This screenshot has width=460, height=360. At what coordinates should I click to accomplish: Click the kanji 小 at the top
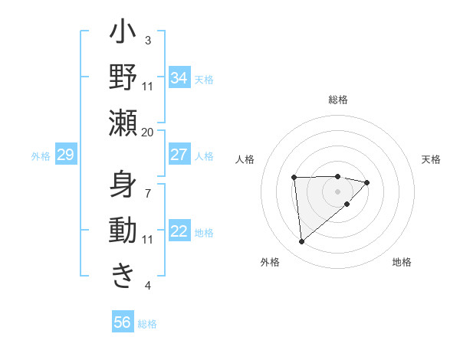pos(123,34)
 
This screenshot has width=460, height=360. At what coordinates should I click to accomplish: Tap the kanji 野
pos(123,78)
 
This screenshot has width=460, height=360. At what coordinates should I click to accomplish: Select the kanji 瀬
pos(123,123)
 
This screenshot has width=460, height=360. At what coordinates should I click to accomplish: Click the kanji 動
pos(123,231)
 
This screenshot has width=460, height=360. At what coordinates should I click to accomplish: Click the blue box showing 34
pos(179,78)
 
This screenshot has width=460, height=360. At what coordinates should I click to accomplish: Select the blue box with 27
pos(179,155)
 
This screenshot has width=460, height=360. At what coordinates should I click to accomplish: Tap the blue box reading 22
pos(179,231)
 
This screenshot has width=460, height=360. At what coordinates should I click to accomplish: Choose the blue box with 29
pos(65,155)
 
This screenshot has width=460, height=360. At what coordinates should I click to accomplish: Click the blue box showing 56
pos(123,322)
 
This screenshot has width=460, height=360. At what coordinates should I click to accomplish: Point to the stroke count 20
pos(147,132)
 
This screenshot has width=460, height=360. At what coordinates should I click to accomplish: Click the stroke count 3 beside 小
pos(148,40)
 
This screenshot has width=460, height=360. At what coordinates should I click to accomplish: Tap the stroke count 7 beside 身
pos(148,186)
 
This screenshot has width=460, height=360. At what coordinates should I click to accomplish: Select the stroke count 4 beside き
pos(148,286)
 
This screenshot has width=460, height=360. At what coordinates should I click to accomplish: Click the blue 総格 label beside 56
pos(147,324)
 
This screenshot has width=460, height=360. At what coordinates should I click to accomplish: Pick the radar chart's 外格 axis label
pos(270,262)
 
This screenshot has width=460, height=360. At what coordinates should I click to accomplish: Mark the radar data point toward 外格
pos(302,242)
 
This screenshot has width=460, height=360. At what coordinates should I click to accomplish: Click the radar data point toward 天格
pos(367,182)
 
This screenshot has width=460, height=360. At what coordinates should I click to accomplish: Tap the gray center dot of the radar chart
pos(337,191)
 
